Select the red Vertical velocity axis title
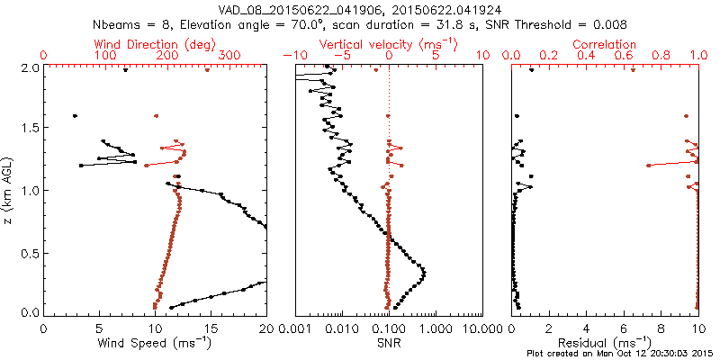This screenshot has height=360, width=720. (x=388, y=44)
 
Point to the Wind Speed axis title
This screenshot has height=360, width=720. (x=155, y=344)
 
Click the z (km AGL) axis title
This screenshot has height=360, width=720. (x=8, y=190)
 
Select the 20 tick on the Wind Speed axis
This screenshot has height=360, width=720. (x=266, y=328)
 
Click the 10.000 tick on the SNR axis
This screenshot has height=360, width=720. (x=481, y=328)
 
